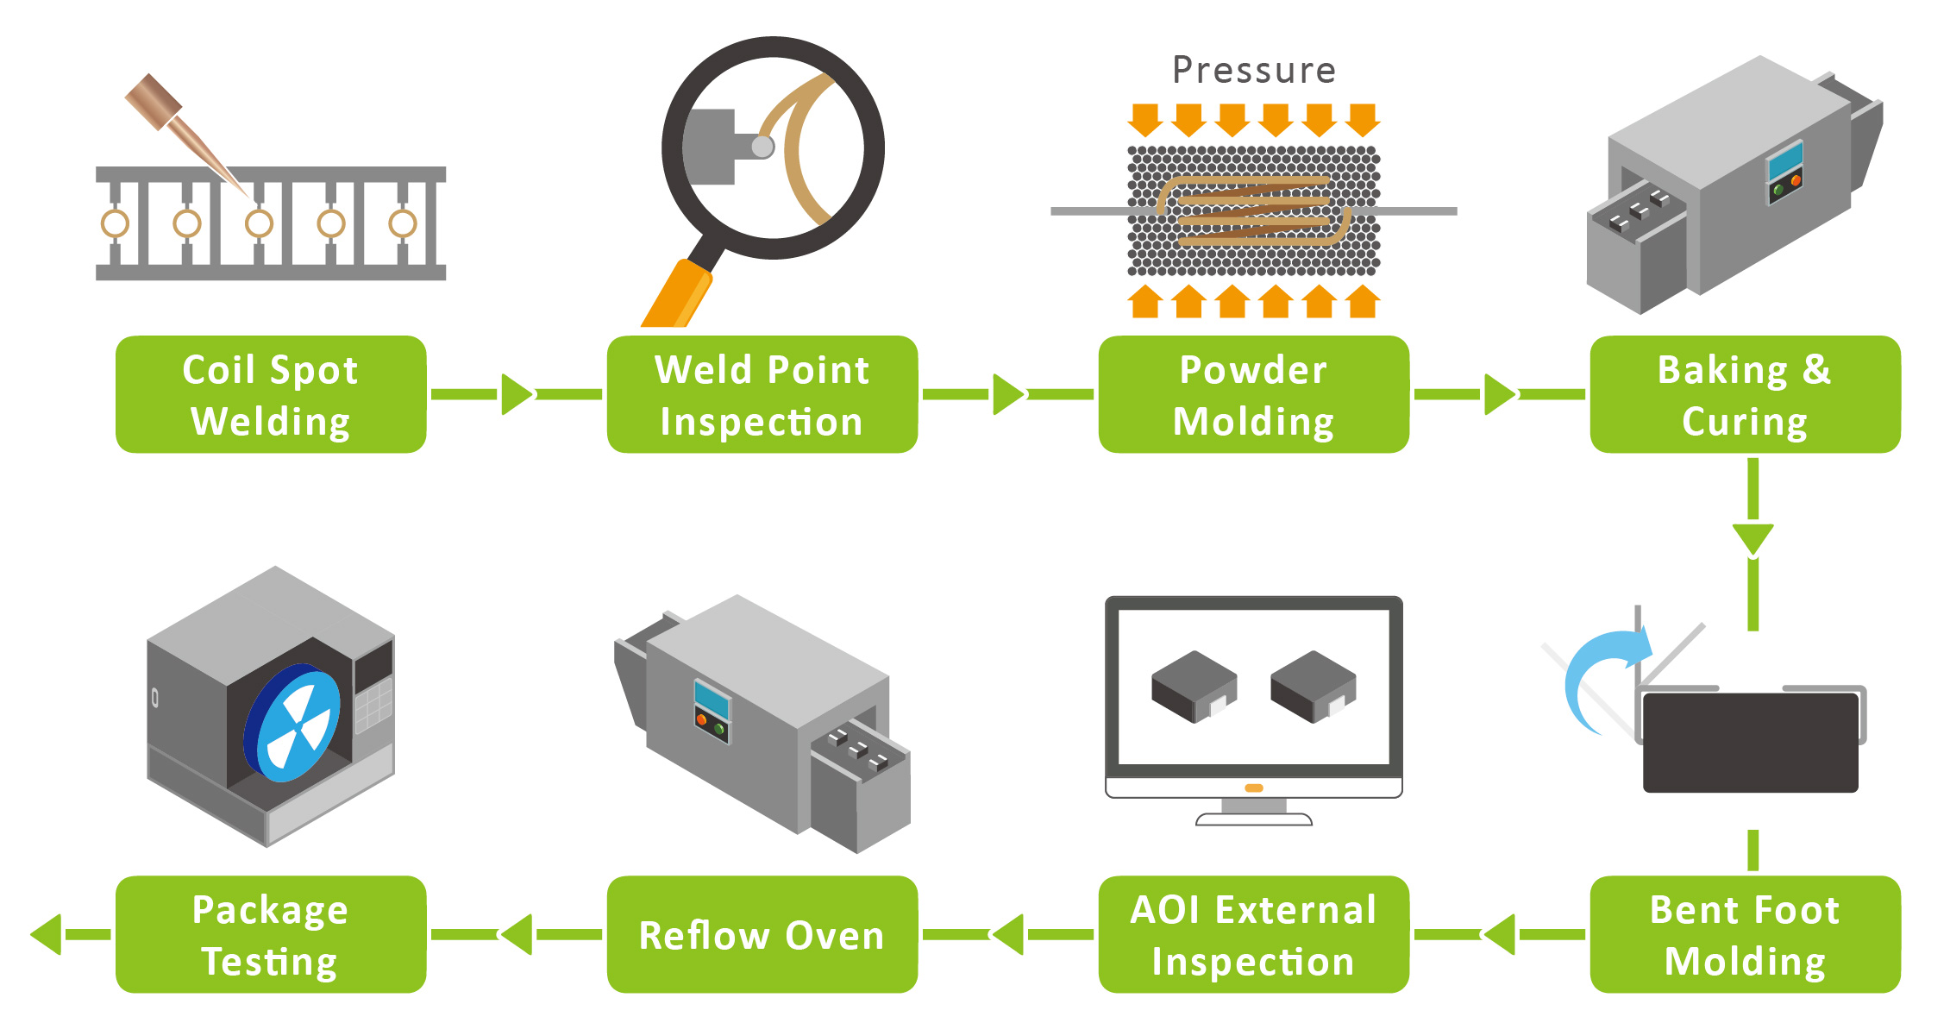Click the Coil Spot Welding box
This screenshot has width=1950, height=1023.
pyautogui.click(x=271, y=394)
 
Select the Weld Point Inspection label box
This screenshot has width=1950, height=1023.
pyautogui.click(x=762, y=394)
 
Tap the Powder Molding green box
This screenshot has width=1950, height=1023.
pyautogui.click(x=1253, y=394)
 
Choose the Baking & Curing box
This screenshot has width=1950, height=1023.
pyautogui.click(x=1745, y=394)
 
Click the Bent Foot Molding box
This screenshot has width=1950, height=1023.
pyautogui.click(x=1745, y=934)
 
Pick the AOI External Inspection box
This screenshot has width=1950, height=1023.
pyautogui.click(x=1253, y=934)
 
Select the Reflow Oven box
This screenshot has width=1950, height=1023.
pyautogui.click(x=762, y=934)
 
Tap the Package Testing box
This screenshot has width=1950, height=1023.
pyautogui.click(x=271, y=934)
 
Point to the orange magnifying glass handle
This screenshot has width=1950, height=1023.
pyautogui.click(x=677, y=295)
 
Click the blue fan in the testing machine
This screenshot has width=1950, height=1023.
pyautogui.click(x=293, y=723)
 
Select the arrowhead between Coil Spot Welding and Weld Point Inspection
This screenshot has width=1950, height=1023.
pyautogui.click(x=516, y=394)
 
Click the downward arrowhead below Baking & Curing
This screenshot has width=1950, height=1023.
pyautogui.click(x=1752, y=538)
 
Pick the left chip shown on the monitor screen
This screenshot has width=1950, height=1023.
pyautogui.click(x=1194, y=686)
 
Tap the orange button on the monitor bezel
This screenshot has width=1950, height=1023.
pyautogui.click(x=1254, y=788)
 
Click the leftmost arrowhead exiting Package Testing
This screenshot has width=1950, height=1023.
pyautogui.click(x=47, y=934)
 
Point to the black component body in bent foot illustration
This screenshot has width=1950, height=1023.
pyautogui.click(x=1751, y=742)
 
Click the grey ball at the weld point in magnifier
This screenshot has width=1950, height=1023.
pyautogui.click(x=762, y=147)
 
